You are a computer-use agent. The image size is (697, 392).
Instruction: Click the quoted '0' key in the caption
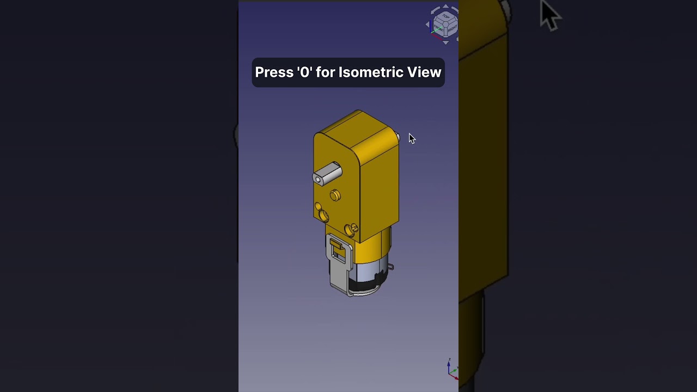[305, 72]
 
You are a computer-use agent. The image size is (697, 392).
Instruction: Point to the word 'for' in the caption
[326, 72]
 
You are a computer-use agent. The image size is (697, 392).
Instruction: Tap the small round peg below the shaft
[335, 195]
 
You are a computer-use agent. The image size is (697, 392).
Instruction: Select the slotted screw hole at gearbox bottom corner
[351, 229]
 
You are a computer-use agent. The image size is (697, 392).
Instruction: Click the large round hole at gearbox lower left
[323, 216]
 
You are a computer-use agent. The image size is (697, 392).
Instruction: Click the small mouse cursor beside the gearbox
[411, 138]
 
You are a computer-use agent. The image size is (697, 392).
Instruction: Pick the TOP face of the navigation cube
[446, 17]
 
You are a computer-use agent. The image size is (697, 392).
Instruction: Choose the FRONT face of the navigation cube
[439, 28]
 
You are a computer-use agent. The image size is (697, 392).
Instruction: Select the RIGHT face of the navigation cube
[452, 28]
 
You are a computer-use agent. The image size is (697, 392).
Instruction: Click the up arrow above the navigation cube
[446, 7]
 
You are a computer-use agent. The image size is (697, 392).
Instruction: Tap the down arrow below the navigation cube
[446, 42]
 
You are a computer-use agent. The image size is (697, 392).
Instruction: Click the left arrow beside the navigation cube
[428, 24]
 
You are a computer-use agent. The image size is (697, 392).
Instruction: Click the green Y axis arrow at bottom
[454, 370]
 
